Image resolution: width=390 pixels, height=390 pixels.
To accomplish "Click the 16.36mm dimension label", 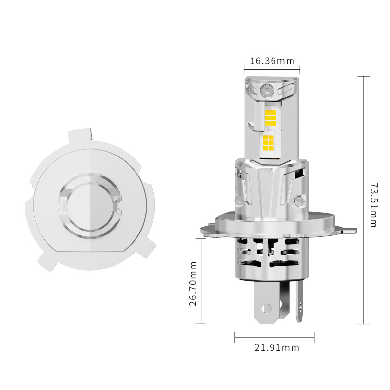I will point(272,61).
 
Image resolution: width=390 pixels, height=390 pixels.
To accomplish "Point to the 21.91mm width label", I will point(277,348).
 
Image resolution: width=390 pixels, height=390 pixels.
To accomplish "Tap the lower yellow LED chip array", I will point(268,142).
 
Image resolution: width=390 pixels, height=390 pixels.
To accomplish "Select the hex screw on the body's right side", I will point(299,200).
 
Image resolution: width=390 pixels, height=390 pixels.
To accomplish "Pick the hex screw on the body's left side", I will point(238,200).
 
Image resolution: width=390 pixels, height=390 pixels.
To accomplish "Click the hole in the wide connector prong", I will point(265,309).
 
